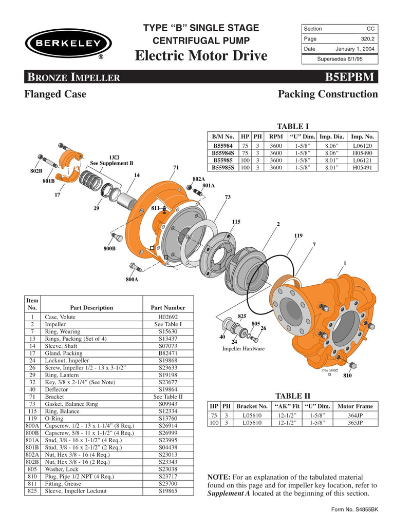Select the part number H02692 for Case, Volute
tap(167, 317)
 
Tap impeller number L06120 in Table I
tap(363, 146)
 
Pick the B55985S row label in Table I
tap(222, 167)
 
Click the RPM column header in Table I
tap(276, 136)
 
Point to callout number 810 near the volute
tap(348, 375)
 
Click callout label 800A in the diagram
tap(132, 280)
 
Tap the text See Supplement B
tap(111, 163)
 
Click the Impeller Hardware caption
tap(244, 349)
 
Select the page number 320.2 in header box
tap(367, 38)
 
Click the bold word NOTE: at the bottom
tap(218, 477)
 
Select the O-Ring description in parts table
tap(55, 419)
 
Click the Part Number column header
tap(167, 307)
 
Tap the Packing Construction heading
tap(327, 94)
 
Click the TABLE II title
tap(293, 396)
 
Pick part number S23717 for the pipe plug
tap(167, 476)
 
